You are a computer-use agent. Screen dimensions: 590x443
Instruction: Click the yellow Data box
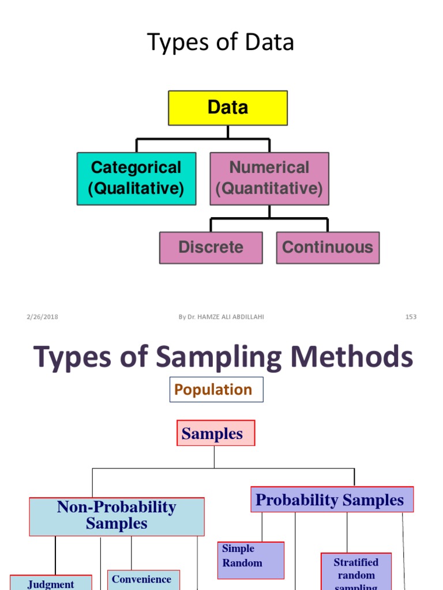228,108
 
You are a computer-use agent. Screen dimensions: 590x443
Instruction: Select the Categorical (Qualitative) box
136,179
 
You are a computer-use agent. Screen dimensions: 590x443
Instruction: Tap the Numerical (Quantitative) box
269,179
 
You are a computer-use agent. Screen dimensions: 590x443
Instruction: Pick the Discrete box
211,248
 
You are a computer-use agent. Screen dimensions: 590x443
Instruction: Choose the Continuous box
328,248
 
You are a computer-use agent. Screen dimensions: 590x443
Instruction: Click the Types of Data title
221,43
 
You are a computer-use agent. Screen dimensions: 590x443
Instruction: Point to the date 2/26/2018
42,317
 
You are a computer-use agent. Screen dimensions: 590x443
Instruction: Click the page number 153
411,317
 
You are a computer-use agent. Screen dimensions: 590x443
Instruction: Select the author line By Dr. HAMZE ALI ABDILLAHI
221,317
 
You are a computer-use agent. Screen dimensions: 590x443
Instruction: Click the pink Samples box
216,433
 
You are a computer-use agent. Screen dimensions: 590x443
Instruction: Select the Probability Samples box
332,500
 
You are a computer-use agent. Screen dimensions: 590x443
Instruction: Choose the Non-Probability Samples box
117,516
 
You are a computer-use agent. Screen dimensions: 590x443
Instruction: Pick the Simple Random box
250,559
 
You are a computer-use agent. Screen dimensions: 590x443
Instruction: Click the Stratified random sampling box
356,572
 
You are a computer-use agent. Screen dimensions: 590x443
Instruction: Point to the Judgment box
51,583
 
